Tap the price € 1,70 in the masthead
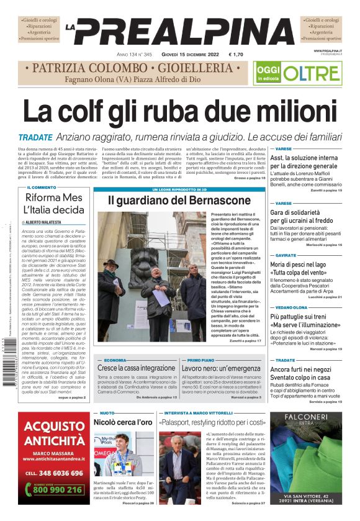pos(236,55)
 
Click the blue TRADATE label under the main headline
pos(35,137)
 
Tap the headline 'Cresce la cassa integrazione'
pos(136,368)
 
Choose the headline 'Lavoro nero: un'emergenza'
pos(220,368)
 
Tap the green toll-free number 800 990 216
pos(57,489)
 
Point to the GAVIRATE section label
pos(286,255)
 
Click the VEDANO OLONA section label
pos(291,307)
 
